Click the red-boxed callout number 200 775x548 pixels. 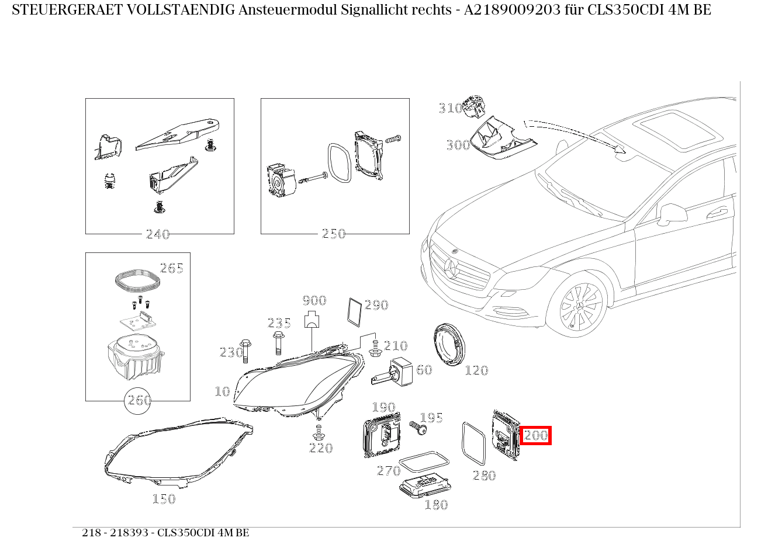535,435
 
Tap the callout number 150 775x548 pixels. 164,498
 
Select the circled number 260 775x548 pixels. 139,400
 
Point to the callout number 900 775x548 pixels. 314,301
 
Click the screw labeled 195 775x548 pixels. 418,428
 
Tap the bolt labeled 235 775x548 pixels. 278,342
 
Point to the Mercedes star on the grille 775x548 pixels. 451,267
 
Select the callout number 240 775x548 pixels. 157,234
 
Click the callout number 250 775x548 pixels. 334,234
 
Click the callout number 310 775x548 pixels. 450,108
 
